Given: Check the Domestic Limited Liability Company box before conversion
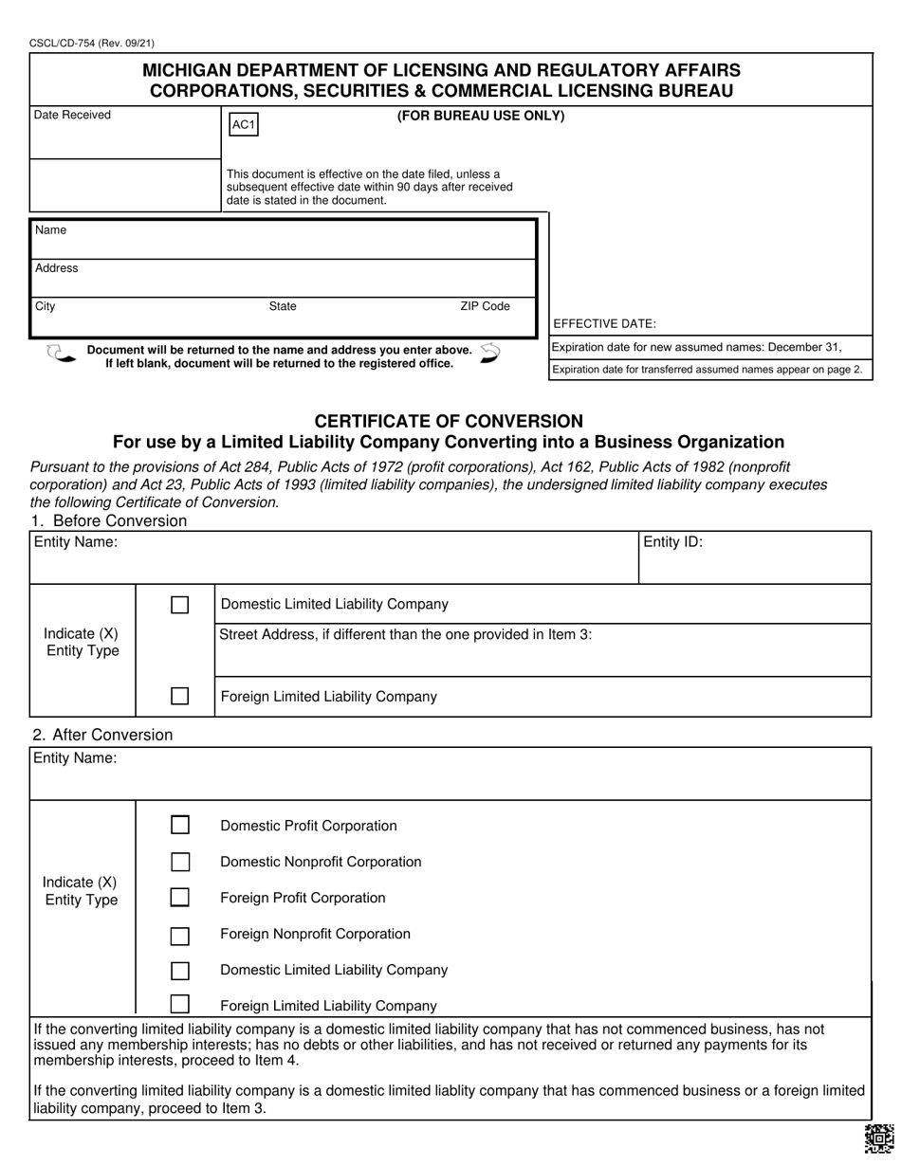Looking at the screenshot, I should (179, 605).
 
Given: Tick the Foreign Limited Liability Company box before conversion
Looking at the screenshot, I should (179, 696).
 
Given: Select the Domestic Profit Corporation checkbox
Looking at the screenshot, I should (179, 825).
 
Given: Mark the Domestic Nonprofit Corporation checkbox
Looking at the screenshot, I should (179, 862).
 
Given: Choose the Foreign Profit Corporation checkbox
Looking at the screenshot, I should (179, 897).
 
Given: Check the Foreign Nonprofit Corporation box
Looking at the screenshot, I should (179, 937).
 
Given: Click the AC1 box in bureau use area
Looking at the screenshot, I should (244, 125).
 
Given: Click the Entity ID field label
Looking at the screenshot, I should (672, 543).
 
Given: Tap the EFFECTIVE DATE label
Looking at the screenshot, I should (604, 323).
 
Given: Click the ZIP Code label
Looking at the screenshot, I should (485, 306).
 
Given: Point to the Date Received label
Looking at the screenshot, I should (72, 115).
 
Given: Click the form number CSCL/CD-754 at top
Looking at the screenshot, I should (92, 43).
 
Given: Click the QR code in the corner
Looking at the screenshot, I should (878, 1138).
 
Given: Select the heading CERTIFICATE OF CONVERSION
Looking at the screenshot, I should (449, 421).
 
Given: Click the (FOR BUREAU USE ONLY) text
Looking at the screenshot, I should (480, 116).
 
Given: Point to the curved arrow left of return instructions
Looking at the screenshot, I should (60, 355).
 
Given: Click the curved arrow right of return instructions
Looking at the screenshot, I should (490, 354).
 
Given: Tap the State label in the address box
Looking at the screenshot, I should (283, 306).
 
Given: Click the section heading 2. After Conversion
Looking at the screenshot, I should (102, 735).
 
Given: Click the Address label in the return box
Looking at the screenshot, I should (57, 268).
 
